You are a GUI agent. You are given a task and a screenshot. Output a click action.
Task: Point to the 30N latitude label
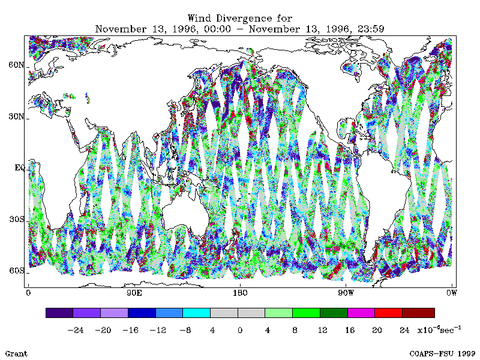coord(16,116)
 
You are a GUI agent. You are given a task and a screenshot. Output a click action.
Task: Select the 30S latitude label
coord(16,220)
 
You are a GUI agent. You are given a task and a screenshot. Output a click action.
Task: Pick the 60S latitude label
coord(16,271)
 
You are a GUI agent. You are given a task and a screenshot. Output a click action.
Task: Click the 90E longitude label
coord(134,293)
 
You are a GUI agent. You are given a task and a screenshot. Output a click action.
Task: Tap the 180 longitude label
coord(240,293)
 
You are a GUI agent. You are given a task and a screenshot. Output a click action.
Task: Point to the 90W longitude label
coord(346,293)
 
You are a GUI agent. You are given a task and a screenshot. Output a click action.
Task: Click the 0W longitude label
coord(452,293)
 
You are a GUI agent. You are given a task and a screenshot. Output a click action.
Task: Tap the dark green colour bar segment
coord(334,313)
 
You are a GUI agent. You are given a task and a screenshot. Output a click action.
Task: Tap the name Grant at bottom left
coord(16,353)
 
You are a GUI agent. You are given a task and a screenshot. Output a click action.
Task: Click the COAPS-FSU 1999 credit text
coord(443,353)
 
